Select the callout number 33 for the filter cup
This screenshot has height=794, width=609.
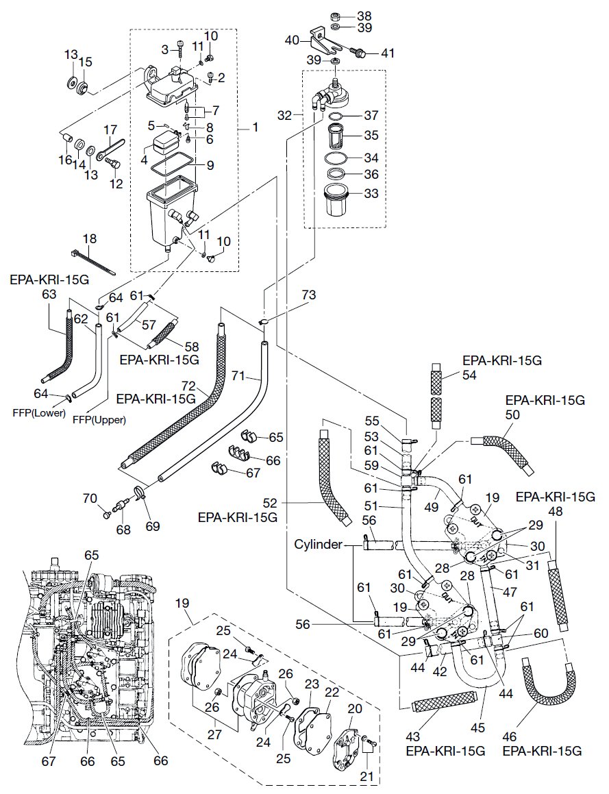click(371, 194)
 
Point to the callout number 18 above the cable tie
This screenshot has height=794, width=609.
click(90, 238)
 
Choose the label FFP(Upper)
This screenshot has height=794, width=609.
click(100, 420)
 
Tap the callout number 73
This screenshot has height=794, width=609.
click(309, 295)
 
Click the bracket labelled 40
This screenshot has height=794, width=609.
click(323, 39)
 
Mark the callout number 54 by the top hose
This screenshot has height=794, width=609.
click(450, 375)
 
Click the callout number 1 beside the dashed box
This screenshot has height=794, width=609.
click(256, 127)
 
